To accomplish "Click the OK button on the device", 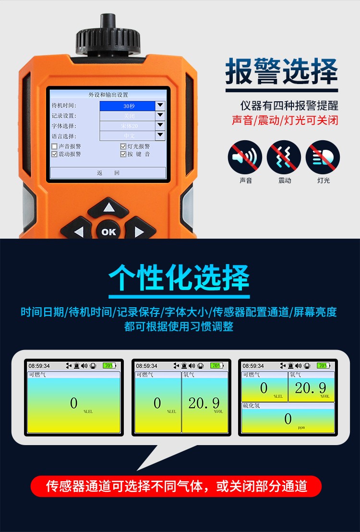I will (x=108, y=232).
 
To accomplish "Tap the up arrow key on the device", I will (x=109, y=207).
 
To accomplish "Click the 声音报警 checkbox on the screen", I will (x=54, y=146).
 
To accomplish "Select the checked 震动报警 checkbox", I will (x=54, y=154).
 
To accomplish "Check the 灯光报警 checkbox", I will (x=123, y=146).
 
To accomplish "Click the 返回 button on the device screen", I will (x=108, y=173).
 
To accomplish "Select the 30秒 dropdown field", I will (x=128, y=106).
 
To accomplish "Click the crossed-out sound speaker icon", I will (x=245, y=157).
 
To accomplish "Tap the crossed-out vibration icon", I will (x=284, y=157).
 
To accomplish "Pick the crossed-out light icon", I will (x=323, y=157).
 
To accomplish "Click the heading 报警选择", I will (x=282, y=72).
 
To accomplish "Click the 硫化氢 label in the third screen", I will (x=252, y=406).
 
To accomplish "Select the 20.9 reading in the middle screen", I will (x=204, y=403).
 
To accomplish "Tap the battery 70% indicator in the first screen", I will (x=108, y=365).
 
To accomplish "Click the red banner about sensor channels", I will (x=176, y=486).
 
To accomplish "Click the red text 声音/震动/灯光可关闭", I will (x=285, y=120).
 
